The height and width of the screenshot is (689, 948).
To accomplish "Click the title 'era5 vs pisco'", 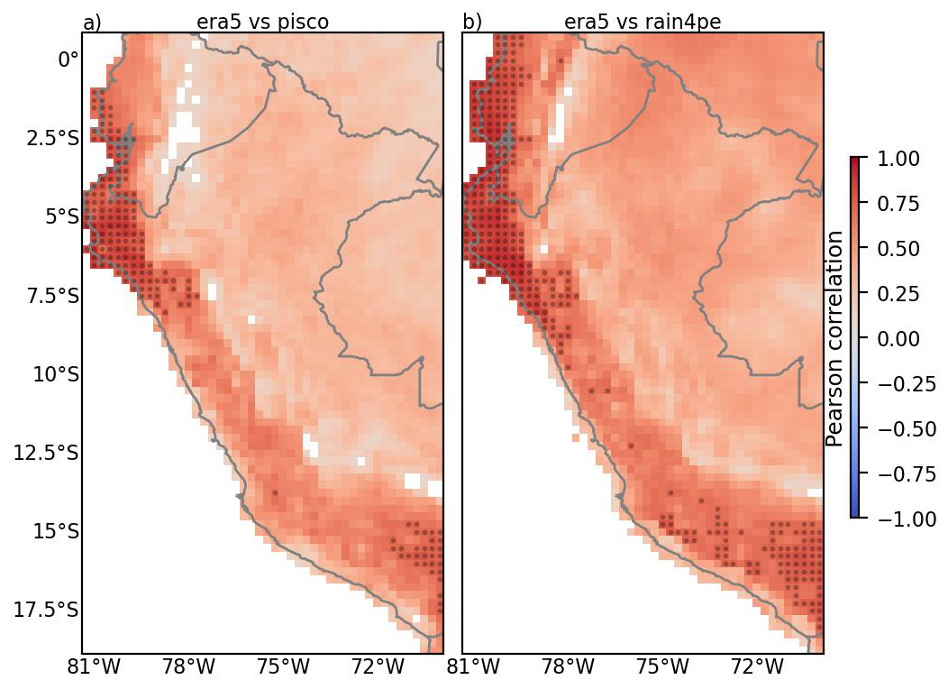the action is (x=262, y=22).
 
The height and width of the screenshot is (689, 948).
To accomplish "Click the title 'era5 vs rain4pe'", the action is (x=643, y=22).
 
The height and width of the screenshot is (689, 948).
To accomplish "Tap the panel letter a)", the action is (x=92, y=23).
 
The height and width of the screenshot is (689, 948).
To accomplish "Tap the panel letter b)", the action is (x=472, y=22).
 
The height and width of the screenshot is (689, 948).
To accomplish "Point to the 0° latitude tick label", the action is (x=68, y=60).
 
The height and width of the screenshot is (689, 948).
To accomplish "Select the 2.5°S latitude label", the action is (x=52, y=139).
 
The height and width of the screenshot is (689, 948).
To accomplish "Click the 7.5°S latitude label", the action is (x=52, y=296).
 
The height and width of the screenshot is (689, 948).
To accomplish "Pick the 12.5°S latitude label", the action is (x=46, y=453).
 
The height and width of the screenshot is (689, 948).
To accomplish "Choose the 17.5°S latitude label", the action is (x=46, y=609).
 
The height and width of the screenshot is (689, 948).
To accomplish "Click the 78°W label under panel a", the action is (x=188, y=668).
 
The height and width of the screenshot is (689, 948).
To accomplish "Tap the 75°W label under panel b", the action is (x=663, y=668).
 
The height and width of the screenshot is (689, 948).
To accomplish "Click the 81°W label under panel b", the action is (x=473, y=668).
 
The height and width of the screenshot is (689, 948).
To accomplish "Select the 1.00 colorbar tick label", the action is (x=898, y=159).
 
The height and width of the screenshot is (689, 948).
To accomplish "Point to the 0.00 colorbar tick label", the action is (x=898, y=339).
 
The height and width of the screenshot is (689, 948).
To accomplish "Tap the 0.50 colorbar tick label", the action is (x=898, y=249).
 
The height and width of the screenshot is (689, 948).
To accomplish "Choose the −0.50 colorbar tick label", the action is (x=906, y=429).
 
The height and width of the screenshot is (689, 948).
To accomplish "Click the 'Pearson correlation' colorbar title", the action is (x=834, y=339).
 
